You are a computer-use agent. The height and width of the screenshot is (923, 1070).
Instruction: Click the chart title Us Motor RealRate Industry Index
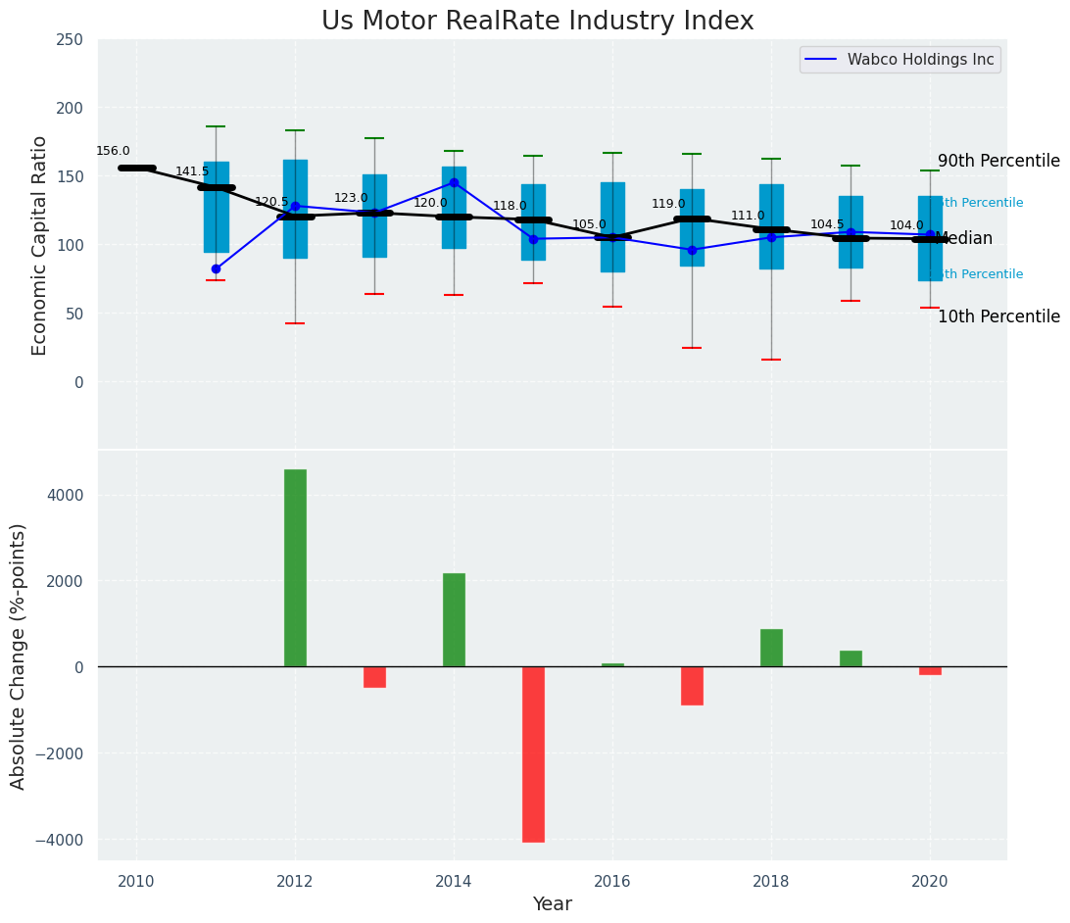pos(537,22)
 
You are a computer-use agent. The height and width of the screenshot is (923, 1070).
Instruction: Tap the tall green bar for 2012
pos(295,567)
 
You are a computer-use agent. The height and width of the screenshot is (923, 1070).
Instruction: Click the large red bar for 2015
pos(533,753)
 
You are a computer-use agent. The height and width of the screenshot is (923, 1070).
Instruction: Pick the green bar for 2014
pos(454,619)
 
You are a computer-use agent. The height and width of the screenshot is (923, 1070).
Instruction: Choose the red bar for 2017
pos(692,685)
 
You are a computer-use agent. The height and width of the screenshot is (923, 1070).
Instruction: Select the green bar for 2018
pos(771,648)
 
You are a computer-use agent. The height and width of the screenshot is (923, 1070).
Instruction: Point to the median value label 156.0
pos(113,151)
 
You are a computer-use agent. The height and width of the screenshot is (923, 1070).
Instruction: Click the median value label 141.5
pos(192,171)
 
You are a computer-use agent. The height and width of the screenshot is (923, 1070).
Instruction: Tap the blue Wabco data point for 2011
pos(216,268)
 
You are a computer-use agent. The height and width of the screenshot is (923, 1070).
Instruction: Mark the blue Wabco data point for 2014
pos(454,182)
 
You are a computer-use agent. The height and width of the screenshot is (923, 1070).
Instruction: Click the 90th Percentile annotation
pos(998,161)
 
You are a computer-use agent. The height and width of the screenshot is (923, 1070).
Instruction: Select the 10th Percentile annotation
pos(998,316)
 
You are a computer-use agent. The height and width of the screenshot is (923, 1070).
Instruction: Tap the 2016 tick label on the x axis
pos(612,881)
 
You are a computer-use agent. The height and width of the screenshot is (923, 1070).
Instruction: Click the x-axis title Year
pos(552,904)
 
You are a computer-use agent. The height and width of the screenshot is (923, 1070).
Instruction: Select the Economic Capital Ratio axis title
pos(40,245)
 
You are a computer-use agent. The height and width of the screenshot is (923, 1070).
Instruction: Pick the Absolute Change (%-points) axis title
pos(19,656)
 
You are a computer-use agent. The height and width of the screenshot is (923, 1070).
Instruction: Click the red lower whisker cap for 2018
pos(771,360)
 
